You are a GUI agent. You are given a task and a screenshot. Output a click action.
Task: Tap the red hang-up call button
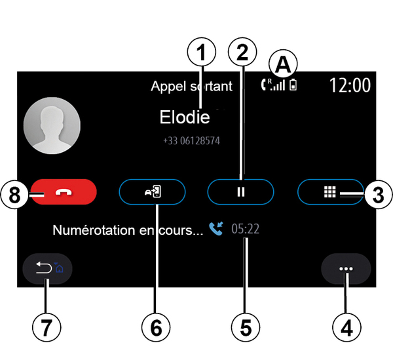(x=63, y=193)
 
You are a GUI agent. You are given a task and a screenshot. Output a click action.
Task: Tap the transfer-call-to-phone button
(x=152, y=193)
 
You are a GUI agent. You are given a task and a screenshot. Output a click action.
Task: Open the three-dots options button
(x=346, y=269)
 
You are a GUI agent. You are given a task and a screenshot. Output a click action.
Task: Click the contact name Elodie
(x=185, y=117)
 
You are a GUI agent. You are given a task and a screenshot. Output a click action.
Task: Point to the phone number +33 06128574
(x=191, y=140)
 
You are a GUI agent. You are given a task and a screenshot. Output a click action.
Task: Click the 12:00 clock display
(x=349, y=85)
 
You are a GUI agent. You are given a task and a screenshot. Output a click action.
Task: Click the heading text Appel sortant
(x=191, y=86)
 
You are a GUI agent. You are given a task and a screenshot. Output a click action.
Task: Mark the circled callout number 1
(x=202, y=50)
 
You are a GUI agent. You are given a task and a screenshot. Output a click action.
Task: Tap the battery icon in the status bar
(x=292, y=85)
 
